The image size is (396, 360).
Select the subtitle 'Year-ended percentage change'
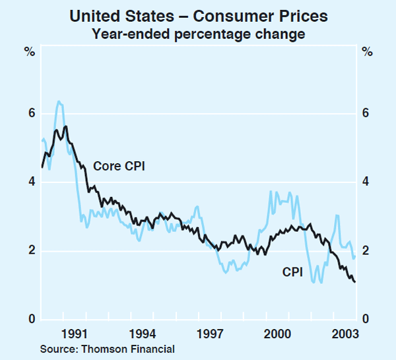coord(197,32)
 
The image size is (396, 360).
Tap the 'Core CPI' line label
coord(119,166)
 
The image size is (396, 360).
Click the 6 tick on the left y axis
coord(30,114)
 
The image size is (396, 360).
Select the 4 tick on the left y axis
coord(30,182)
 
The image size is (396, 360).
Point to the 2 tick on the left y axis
coord(30,251)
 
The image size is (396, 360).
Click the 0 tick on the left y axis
coord(30,320)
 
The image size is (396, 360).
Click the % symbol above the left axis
coord(30,51)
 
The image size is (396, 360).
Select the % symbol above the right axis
coord(367,51)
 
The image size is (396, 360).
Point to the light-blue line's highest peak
coord(59,102)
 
